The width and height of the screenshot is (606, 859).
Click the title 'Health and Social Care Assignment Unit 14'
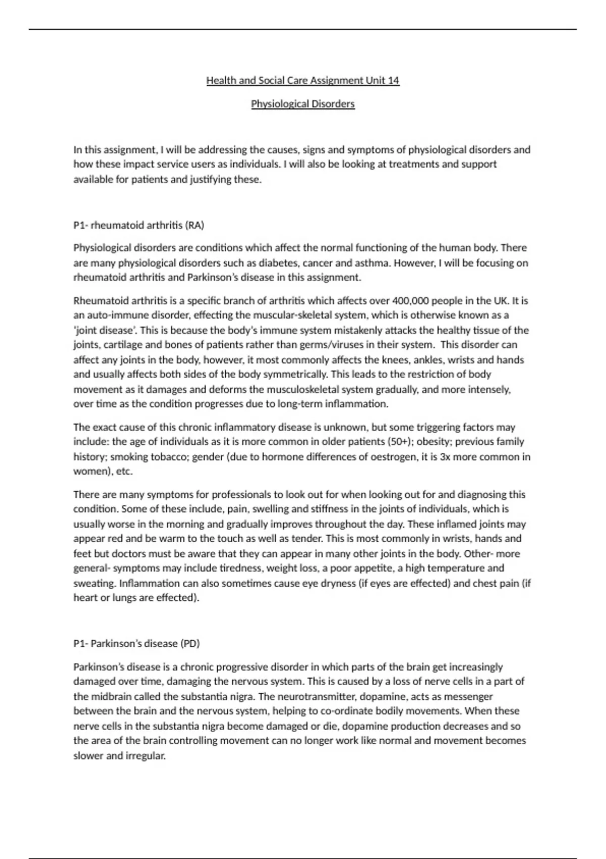(x=302, y=80)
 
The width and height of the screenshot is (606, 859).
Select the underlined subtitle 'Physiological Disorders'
(x=302, y=104)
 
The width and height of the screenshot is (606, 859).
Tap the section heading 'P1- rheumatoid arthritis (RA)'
(x=139, y=225)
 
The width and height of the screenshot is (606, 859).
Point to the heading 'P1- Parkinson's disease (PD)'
(x=137, y=643)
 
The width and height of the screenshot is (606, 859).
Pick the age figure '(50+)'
(x=399, y=442)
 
